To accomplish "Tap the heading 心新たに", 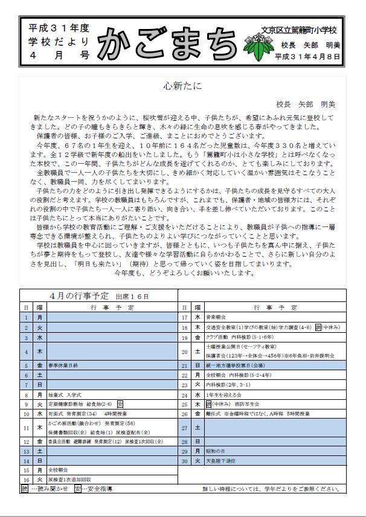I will pyautogui.click(x=182, y=85).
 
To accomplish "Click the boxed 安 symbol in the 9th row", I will pyautogui.click(x=120, y=403).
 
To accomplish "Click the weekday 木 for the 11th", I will pyautogui.click(x=39, y=427).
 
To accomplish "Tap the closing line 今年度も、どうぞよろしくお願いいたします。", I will pyautogui.click(x=184, y=273).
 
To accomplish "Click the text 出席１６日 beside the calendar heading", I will pyautogui.click(x=132, y=297).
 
